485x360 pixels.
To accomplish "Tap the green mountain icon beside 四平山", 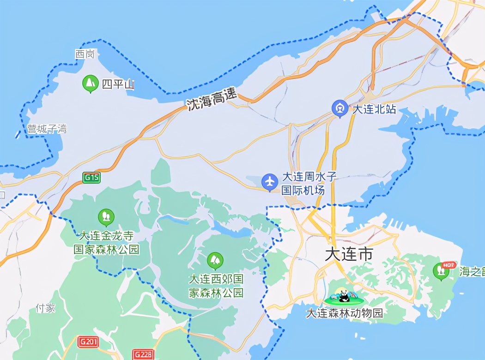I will click(x=90, y=83).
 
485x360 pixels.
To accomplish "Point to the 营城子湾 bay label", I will click(x=47, y=129).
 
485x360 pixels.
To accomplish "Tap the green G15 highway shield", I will click(x=91, y=177).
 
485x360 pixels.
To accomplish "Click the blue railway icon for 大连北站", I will click(x=340, y=109).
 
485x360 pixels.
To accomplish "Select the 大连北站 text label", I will click(x=374, y=110).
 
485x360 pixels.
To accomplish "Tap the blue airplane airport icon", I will click(x=269, y=182).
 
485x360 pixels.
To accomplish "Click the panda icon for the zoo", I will click(x=343, y=296).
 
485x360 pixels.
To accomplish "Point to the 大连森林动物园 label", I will click(x=345, y=313).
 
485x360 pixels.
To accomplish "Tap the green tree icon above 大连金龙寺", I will click(x=106, y=216).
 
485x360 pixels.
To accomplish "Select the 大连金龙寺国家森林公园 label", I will click(x=107, y=243).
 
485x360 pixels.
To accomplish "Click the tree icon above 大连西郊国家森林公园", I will click(x=215, y=260).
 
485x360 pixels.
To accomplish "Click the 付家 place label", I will click(x=45, y=308).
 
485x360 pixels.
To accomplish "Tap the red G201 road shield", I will click(x=88, y=342).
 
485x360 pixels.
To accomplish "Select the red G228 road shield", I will click(x=143, y=354).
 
